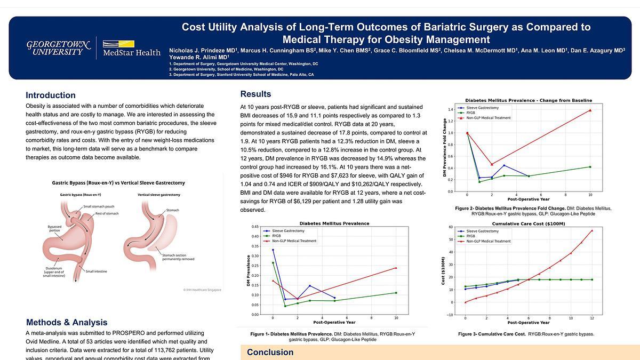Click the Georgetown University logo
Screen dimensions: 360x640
[x=55, y=47]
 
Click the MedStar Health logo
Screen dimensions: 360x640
[x=131, y=48]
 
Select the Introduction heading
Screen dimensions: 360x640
[x=51, y=95]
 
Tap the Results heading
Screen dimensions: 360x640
[x=255, y=94]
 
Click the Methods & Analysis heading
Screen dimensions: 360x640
[x=67, y=322]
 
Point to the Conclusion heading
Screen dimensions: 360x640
[x=270, y=352]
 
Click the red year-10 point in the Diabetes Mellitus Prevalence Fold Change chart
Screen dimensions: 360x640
[x=590, y=110]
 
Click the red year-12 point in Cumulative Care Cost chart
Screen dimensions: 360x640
[x=592, y=230]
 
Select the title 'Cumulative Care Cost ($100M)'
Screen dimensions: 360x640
[x=528, y=223]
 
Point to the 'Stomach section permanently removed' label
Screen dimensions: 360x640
[x=178, y=258]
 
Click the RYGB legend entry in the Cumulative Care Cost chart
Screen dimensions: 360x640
[x=470, y=236]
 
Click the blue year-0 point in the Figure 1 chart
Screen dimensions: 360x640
[x=273, y=250]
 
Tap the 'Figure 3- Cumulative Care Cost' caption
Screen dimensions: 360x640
[x=525, y=334]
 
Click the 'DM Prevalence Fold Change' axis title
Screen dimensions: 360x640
[x=444, y=148]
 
